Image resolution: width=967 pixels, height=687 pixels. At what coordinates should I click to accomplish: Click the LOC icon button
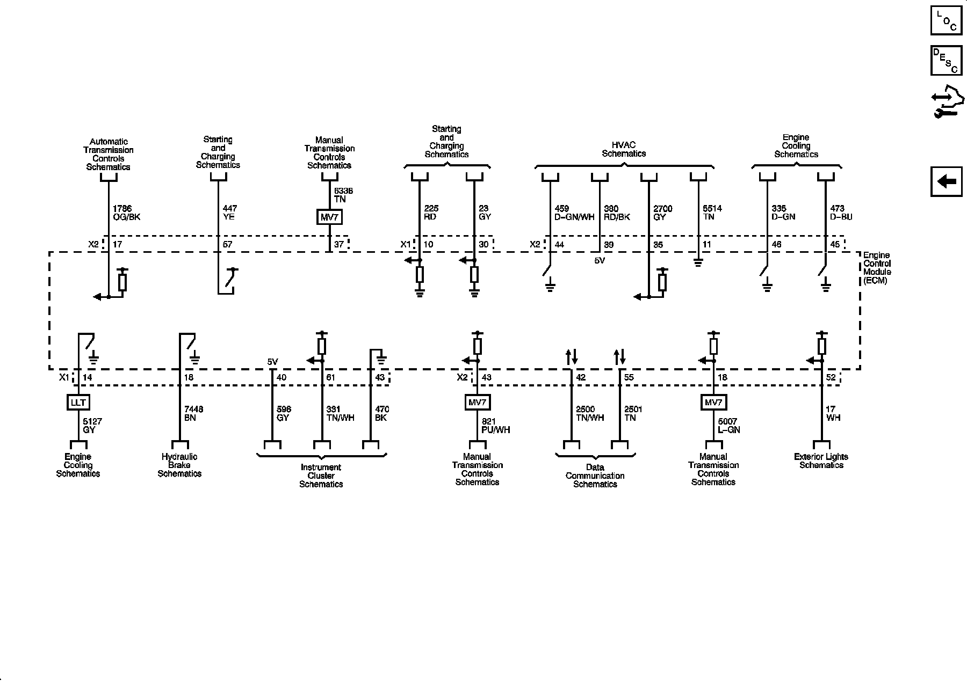point(946,20)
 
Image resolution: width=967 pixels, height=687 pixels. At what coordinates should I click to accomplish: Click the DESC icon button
point(946,61)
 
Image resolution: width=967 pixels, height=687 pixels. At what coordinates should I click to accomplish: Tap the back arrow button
point(946,181)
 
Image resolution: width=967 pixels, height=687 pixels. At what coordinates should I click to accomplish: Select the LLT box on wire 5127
point(78,402)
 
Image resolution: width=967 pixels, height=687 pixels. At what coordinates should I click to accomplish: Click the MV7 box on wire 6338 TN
point(329,217)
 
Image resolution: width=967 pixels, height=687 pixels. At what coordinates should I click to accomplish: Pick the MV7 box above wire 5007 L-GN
point(713,402)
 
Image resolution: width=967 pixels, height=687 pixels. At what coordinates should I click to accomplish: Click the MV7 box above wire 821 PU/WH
point(477,402)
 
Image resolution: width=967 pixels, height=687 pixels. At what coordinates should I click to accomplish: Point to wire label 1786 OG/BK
point(126,213)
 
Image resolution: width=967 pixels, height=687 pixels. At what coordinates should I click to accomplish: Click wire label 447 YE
point(229,213)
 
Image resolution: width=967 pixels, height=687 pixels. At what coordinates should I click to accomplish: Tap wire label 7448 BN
point(193,413)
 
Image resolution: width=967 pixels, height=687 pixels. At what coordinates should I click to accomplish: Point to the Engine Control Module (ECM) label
point(876,268)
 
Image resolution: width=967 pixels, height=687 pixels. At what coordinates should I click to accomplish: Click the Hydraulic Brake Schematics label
point(179,465)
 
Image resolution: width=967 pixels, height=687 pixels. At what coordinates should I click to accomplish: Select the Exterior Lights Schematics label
point(821,461)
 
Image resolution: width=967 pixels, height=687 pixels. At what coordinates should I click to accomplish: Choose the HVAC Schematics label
point(623,149)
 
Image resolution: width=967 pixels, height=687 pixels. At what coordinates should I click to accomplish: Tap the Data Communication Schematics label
point(595,476)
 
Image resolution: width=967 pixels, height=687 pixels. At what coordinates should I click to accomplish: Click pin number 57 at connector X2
point(227,245)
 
